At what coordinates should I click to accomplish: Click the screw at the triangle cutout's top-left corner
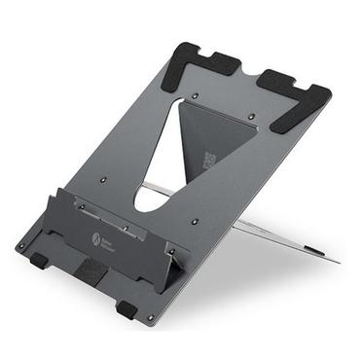point(198,96)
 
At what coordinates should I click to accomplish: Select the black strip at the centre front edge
point(91,270)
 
